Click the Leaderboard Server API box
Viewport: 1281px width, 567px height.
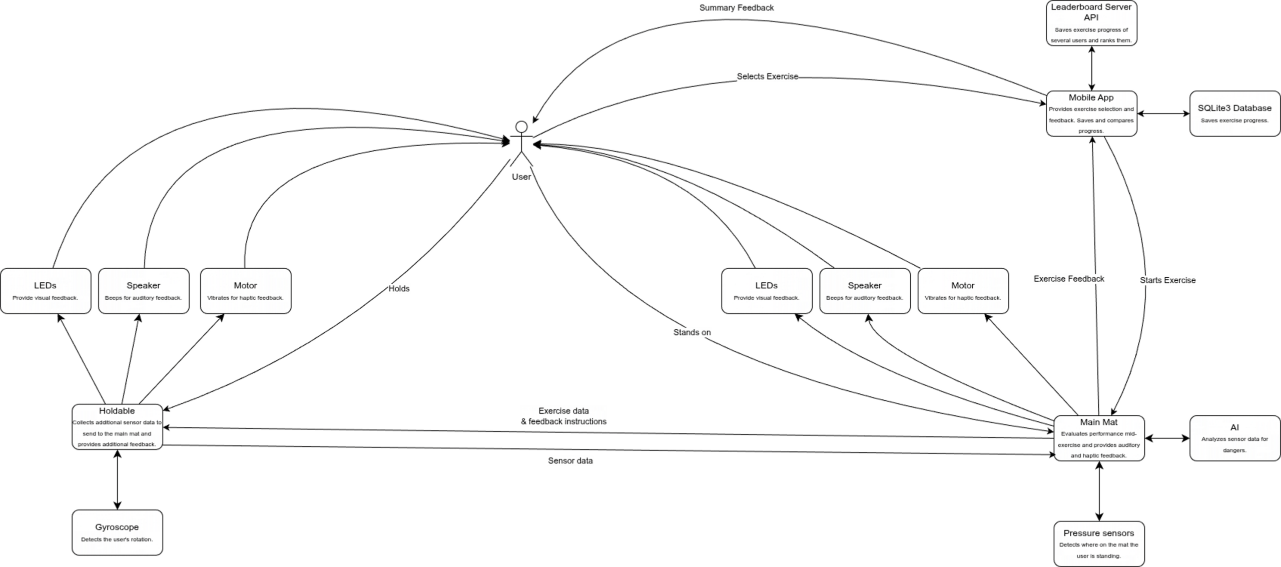pos(1091,23)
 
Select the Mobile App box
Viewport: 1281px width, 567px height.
pos(1091,114)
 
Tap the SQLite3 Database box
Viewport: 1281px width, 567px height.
pos(1234,114)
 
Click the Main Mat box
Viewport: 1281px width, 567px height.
pos(1099,438)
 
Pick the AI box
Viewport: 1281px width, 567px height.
pos(1234,438)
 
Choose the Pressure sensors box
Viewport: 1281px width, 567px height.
pos(1099,544)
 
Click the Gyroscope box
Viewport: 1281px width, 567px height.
pos(117,532)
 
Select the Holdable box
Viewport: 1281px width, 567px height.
pos(117,427)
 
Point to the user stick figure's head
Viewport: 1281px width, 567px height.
pos(521,127)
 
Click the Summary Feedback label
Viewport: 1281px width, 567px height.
pos(737,8)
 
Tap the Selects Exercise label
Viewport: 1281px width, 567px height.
pos(767,77)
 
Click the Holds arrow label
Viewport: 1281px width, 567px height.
pos(399,289)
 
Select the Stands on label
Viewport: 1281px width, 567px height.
pos(692,332)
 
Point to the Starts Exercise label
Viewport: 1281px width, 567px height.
pos(1168,280)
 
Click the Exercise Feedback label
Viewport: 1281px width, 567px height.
pos(1069,279)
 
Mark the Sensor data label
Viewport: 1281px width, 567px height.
pos(570,461)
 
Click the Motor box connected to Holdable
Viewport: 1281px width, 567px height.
pos(246,291)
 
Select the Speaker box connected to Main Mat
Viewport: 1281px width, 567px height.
pos(865,291)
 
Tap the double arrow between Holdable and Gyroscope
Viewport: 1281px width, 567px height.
pos(117,479)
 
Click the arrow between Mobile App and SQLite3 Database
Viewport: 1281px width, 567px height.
pos(1163,114)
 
